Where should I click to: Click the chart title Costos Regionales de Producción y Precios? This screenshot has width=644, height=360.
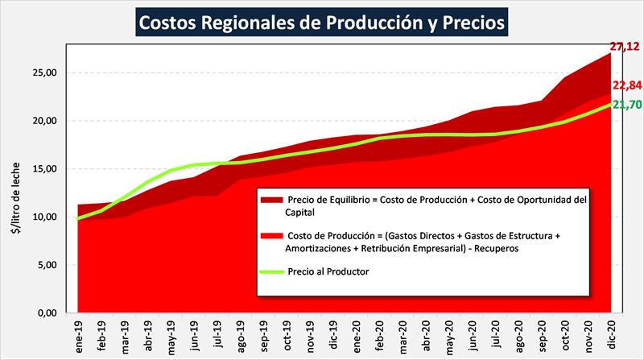(321, 22)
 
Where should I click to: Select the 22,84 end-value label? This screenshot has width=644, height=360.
(625, 86)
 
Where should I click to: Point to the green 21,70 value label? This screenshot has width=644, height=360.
(625, 105)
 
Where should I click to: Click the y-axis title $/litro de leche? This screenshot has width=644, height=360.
(14, 193)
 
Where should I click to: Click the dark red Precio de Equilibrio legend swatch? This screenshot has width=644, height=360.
(271, 199)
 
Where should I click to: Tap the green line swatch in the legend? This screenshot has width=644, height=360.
(271, 272)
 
